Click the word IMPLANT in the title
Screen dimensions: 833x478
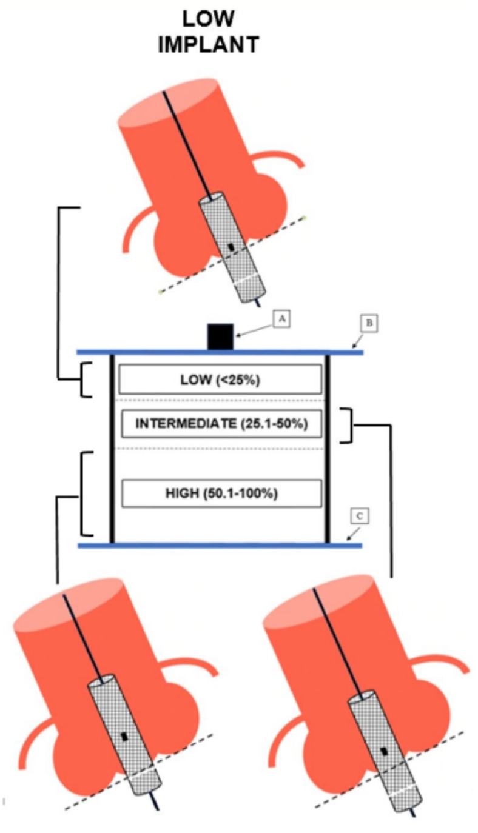(x=208, y=45)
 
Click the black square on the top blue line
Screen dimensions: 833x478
(x=220, y=336)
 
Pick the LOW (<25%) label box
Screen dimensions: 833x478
(x=219, y=380)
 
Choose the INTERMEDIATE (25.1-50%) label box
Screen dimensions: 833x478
(x=221, y=424)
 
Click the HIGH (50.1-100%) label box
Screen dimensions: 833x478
(x=221, y=493)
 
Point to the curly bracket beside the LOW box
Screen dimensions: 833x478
(x=85, y=380)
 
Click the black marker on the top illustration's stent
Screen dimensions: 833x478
(x=231, y=247)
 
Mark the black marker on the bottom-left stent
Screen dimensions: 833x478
(x=124, y=737)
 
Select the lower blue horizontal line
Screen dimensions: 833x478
(x=220, y=546)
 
